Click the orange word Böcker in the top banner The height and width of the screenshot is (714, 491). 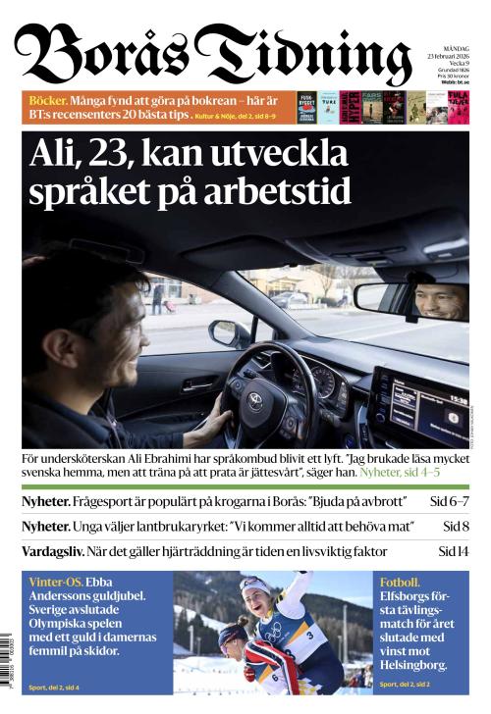(47, 101)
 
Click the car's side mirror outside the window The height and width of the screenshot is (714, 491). (228, 333)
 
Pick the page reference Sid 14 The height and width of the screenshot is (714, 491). (453, 551)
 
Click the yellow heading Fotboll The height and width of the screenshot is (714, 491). (400, 582)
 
